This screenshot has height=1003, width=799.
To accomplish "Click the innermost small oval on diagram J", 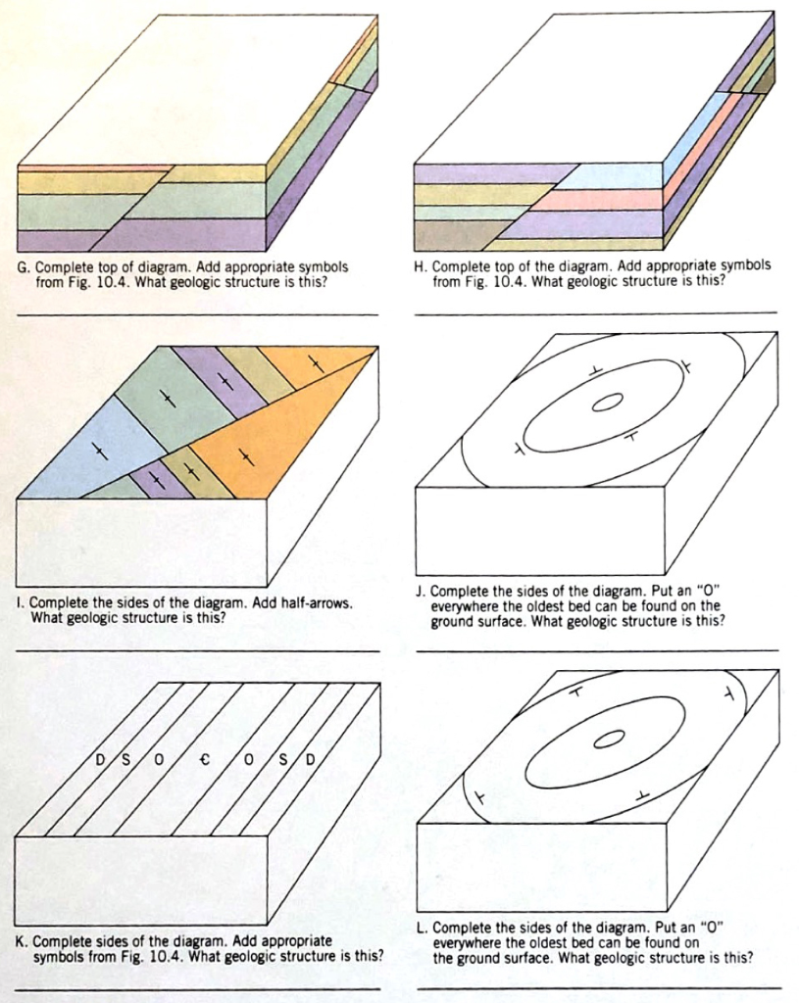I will click(x=607, y=402).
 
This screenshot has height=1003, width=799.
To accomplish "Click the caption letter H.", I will click(x=420, y=266).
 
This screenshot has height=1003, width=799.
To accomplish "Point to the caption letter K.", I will click(x=23, y=941).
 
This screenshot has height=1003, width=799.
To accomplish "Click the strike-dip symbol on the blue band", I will click(x=98, y=452).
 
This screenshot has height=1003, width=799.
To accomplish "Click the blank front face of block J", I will click(x=539, y=529).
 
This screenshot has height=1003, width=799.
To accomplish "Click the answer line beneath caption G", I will click(x=196, y=313).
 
